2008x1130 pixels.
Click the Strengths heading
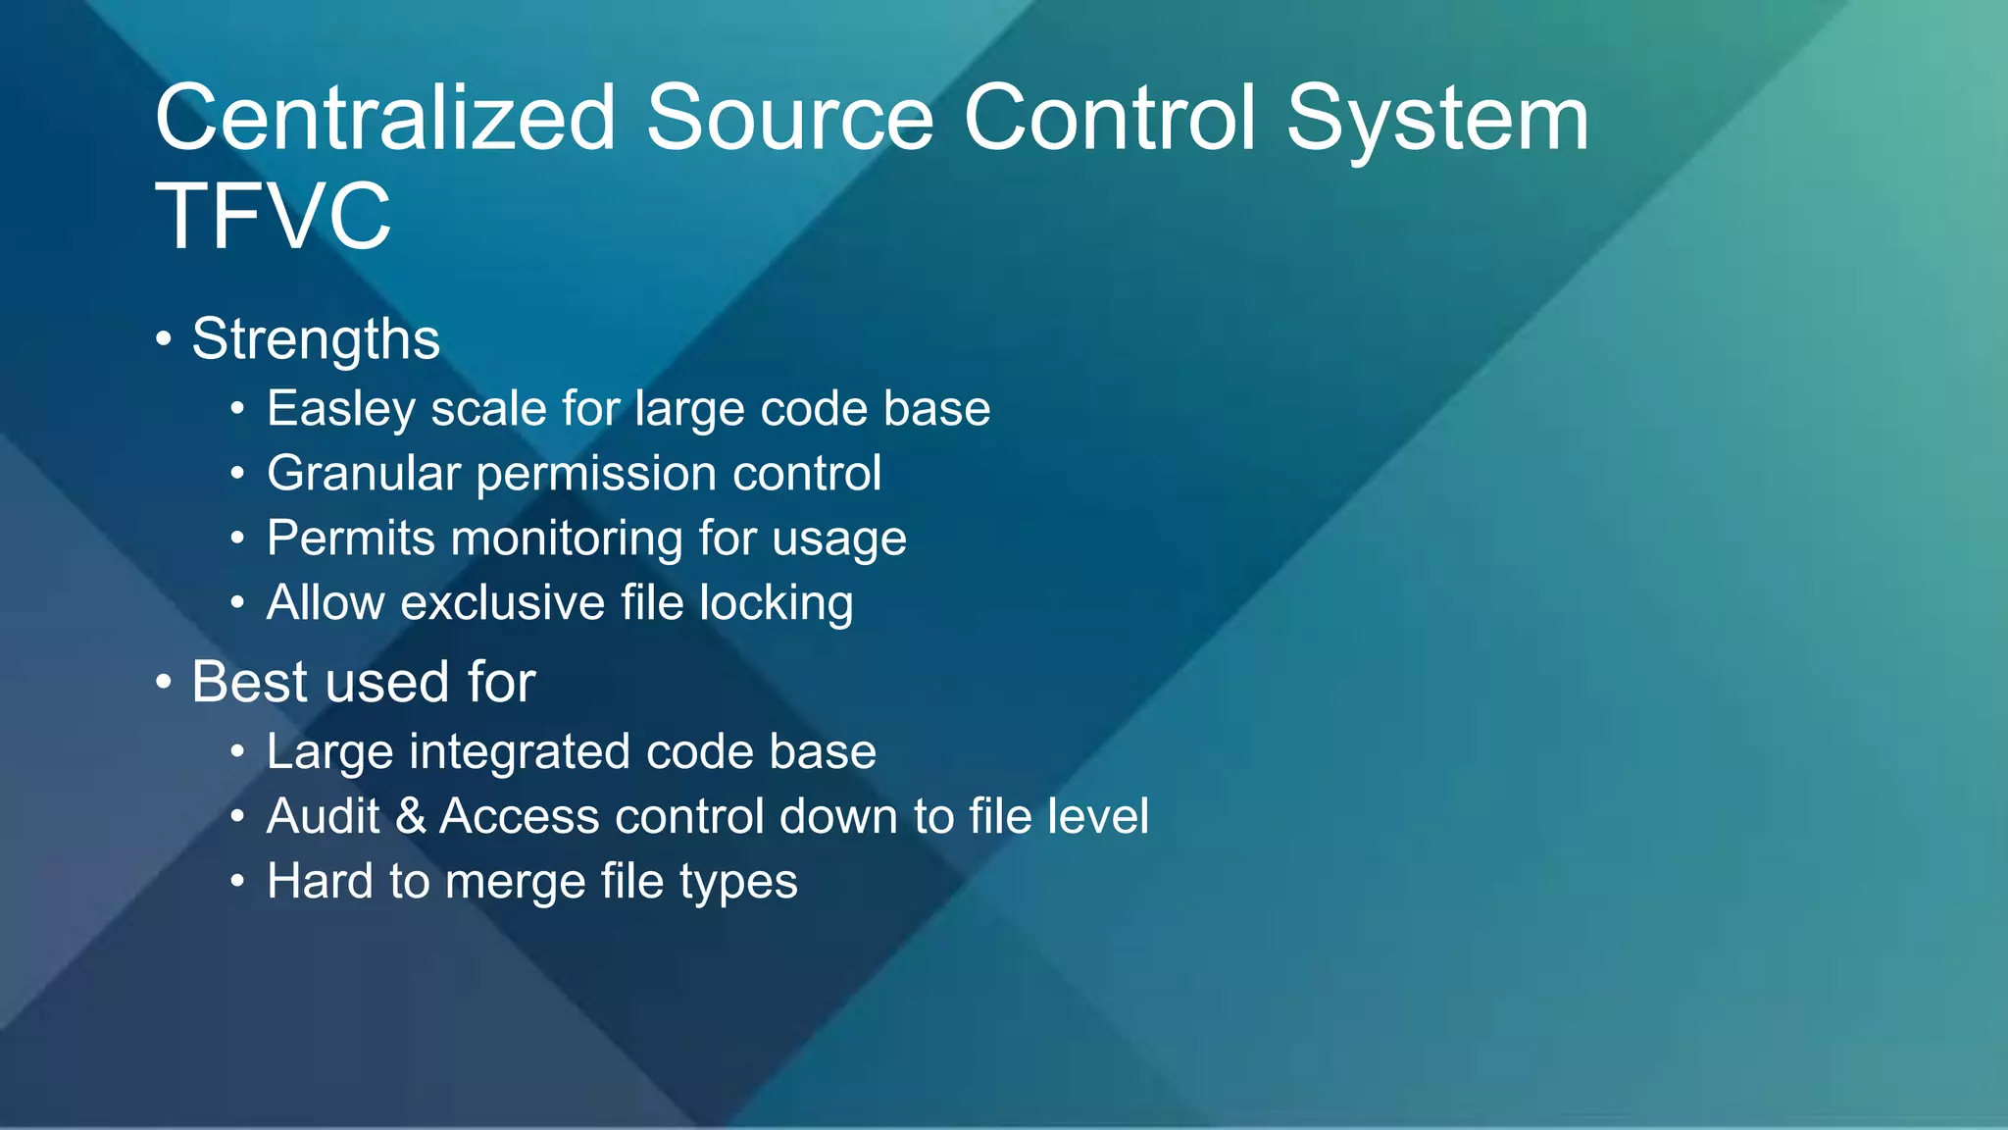pyautogui.click(x=315, y=339)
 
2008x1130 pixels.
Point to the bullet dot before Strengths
pyautogui.click(x=164, y=340)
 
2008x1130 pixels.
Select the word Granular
pyautogui.click(x=363, y=473)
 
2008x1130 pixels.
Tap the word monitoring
pyautogui.click(x=565, y=539)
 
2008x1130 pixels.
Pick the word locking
pyautogui.click(x=776, y=603)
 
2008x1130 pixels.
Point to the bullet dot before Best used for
pyautogui.click(x=164, y=682)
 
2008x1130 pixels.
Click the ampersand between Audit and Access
pyautogui.click(x=411, y=816)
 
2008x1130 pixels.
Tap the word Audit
pyautogui.click(x=323, y=816)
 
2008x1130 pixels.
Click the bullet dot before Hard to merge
pyautogui.click(x=237, y=881)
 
